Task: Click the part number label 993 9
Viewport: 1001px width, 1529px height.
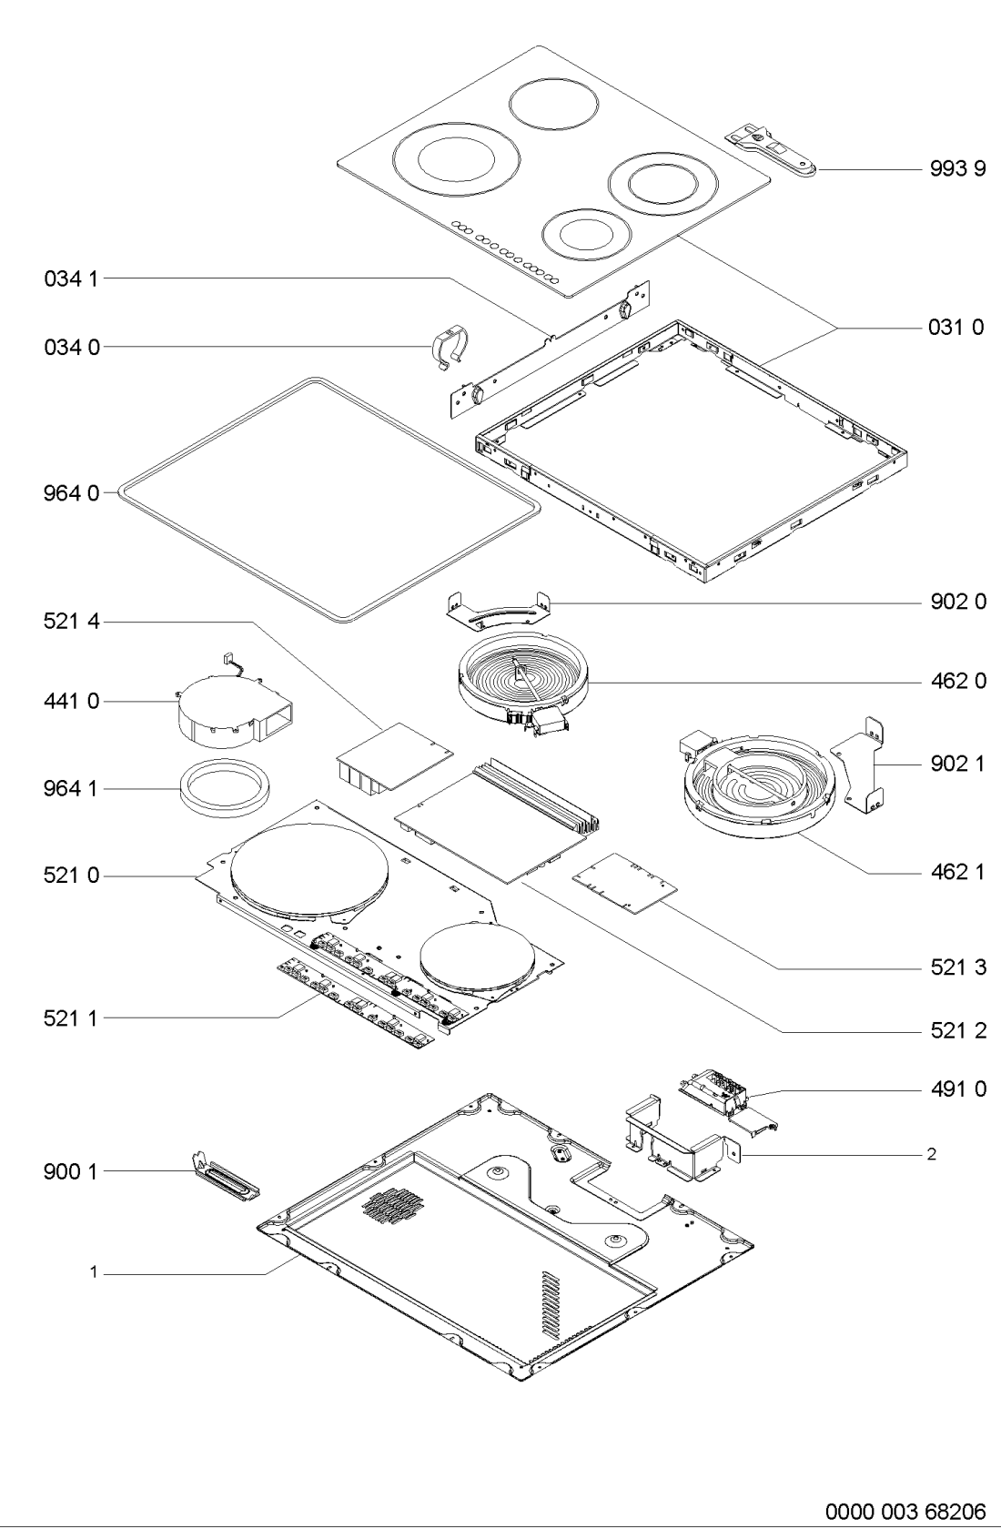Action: (x=957, y=168)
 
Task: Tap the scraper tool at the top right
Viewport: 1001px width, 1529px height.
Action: (x=771, y=150)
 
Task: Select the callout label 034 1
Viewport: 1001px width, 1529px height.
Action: (x=71, y=278)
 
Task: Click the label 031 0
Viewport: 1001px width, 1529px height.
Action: (x=956, y=328)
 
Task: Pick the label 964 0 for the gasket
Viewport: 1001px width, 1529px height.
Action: (x=71, y=493)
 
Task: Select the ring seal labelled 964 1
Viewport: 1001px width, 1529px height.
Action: (x=224, y=787)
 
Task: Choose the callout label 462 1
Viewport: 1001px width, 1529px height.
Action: (x=958, y=872)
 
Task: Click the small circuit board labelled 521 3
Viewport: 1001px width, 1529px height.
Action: (x=624, y=882)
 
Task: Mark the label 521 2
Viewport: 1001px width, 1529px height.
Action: (x=958, y=1030)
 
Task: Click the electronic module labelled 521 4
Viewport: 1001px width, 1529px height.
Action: (x=394, y=758)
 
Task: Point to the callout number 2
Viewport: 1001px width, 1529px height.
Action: (x=932, y=1154)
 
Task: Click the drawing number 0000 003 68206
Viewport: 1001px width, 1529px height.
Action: (x=905, y=1511)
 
